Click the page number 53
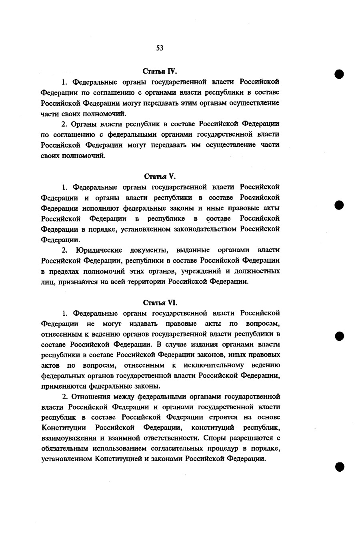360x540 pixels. point(160,48)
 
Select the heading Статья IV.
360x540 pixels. point(160,71)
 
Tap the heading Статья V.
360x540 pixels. point(160,176)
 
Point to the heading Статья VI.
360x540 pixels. point(160,302)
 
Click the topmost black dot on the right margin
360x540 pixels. point(340,74)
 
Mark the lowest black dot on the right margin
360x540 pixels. point(340,467)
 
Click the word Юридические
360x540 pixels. point(98,250)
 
